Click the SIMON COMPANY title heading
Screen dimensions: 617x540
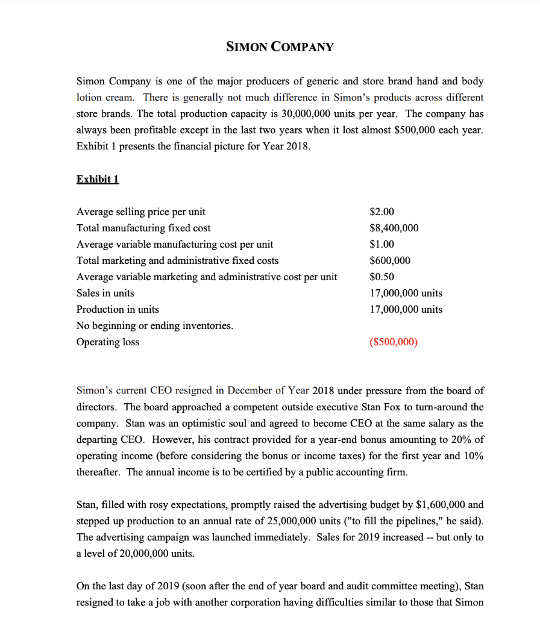(x=279, y=46)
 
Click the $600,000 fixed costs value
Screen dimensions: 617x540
(x=389, y=260)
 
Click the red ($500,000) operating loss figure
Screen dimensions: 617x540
(x=392, y=342)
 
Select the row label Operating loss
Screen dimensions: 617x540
(x=108, y=342)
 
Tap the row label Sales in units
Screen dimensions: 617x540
(x=105, y=293)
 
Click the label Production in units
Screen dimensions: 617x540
(x=118, y=309)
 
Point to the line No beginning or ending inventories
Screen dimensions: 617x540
(x=155, y=325)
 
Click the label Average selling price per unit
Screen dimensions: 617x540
(x=141, y=211)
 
